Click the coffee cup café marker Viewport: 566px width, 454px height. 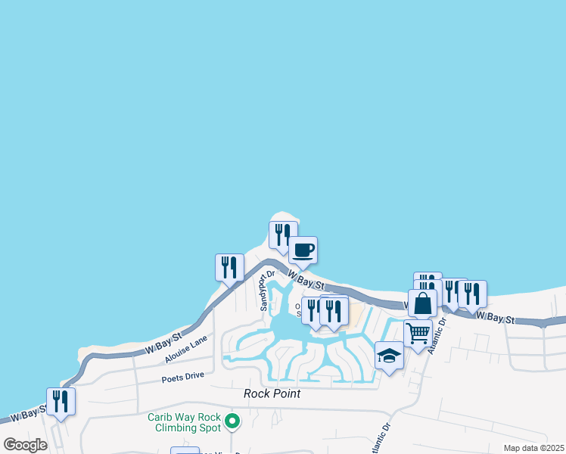click(x=303, y=250)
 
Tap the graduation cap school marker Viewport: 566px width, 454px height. click(x=389, y=356)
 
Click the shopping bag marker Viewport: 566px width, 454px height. click(x=423, y=303)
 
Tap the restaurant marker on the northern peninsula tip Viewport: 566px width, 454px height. click(x=282, y=235)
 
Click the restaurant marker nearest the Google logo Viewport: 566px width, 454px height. click(x=61, y=401)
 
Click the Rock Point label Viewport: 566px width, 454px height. click(x=272, y=393)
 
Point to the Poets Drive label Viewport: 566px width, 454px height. click(x=183, y=377)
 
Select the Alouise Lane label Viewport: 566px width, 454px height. click(x=185, y=348)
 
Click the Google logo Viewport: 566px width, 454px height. click(x=26, y=445)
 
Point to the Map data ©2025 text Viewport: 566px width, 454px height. click(x=533, y=448)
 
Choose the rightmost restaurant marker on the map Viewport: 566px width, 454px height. click(x=472, y=294)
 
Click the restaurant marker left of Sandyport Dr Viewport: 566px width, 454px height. click(x=229, y=267)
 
